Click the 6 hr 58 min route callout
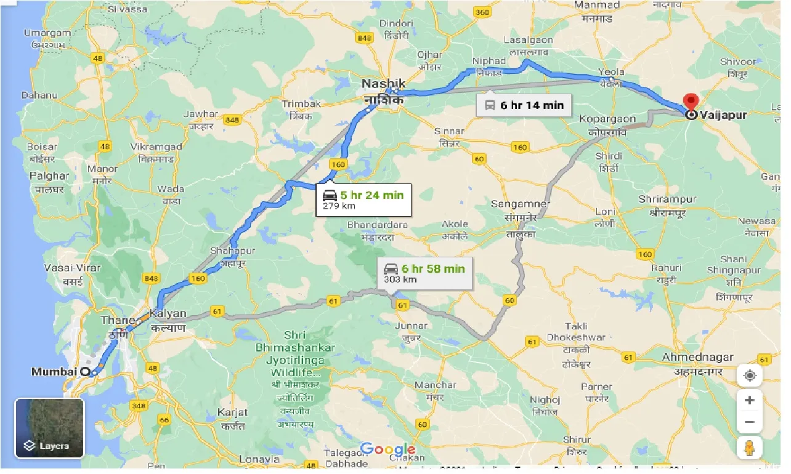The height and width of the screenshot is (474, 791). [x=424, y=272]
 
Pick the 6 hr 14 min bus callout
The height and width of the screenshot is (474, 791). [x=525, y=105]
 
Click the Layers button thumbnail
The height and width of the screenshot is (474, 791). [x=49, y=428]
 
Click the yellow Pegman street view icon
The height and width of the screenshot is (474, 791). [x=750, y=448]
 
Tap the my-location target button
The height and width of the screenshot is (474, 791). [x=750, y=376]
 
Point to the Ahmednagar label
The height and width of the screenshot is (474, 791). [x=697, y=358]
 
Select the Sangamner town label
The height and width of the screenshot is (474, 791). [x=520, y=204]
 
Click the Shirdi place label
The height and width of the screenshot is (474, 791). [x=609, y=156]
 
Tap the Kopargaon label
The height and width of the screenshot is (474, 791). [x=607, y=119]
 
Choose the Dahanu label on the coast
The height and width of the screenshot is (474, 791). [x=39, y=95]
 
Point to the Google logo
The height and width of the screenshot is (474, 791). [x=387, y=449]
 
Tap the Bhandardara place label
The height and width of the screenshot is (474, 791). [x=378, y=225]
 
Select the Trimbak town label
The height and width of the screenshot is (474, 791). [x=301, y=104]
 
